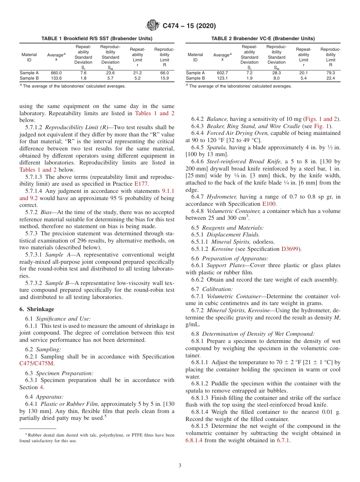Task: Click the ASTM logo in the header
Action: pos(153,26)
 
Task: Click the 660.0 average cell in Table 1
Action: pos(56,73)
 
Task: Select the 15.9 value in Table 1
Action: pos(164,78)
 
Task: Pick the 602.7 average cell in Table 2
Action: pos(222,73)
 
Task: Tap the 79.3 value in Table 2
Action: pos(330,73)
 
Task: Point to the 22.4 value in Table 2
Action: pos(330,78)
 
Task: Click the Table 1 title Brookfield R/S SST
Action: pos(97,39)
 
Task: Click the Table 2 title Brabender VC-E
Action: pos(263,39)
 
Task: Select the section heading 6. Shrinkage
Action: pos(37,309)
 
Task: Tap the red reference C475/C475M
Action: pos(37,363)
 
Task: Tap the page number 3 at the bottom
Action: pos(180,465)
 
